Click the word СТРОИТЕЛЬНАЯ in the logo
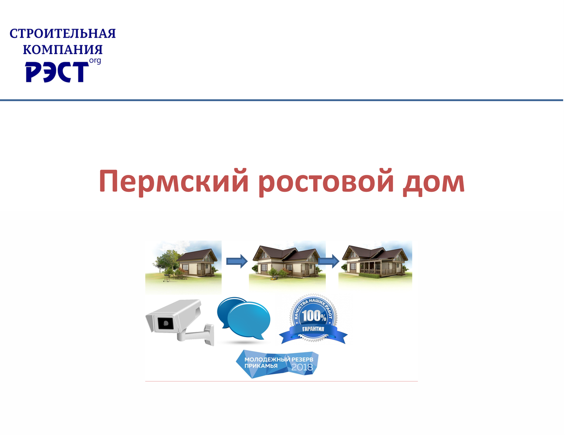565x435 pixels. [x=63, y=33]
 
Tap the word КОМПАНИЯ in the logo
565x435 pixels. [x=63, y=49]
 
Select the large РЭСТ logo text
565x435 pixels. [x=57, y=72]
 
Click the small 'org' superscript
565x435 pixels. [x=95, y=61]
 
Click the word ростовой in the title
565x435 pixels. [x=325, y=182]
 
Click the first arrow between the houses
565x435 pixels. [x=237, y=261]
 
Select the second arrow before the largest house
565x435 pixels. [x=328, y=261]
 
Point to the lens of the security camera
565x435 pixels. [x=166, y=323]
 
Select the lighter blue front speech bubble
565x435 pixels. [x=249, y=320]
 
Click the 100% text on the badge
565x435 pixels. [x=314, y=316]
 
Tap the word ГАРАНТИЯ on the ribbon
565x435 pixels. [x=313, y=329]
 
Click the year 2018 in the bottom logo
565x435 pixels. [x=302, y=367]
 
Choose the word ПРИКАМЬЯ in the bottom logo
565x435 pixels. [x=261, y=366]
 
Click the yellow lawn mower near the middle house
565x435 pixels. [x=274, y=278]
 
